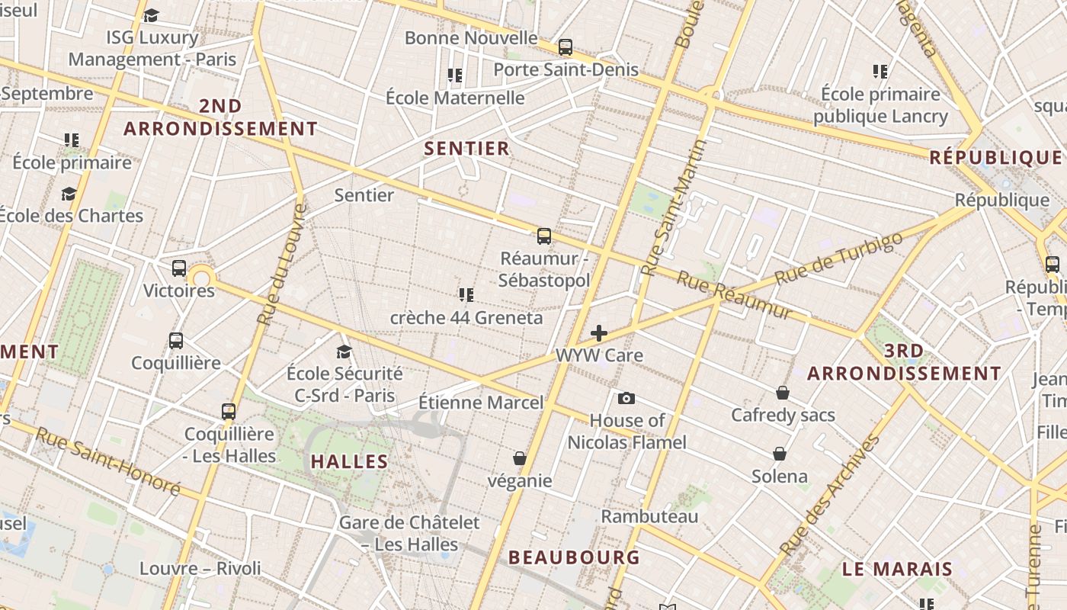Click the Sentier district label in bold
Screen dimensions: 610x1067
pyautogui.click(x=466, y=148)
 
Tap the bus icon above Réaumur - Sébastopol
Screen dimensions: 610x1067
pyautogui.click(x=543, y=236)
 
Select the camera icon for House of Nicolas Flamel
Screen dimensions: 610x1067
pyautogui.click(x=626, y=398)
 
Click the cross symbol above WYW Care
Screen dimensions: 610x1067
pyautogui.click(x=599, y=333)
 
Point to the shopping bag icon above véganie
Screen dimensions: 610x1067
pyautogui.click(x=520, y=458)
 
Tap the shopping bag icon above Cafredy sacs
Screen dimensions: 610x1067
pyautogui.click(x=783, y=393)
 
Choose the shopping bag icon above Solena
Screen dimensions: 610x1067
pyautogui.click(x=780, y=454)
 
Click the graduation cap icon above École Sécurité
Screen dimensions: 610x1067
pyautogui.click(x=344, y=352)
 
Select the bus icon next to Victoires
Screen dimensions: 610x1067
pyautogui.click(x=179, y=268)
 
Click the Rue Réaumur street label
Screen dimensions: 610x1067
pyautogui.click(x=735, y=296)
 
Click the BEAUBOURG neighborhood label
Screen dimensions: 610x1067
pyautogui.click(x=574, y=557)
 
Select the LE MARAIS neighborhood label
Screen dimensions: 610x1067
pyautogui.click(x=897, y=569)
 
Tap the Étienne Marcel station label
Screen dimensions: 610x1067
pyautogui.click(x=481, y=402)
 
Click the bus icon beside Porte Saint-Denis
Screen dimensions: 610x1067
pyautogui.click(x=565, y=47)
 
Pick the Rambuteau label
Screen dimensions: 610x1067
pyautogui.click(x=649, y=516)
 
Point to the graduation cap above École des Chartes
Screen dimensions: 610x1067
pyautogui.click(x=69, y=194)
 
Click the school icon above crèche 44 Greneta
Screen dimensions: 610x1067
pyautogui.click(x=466, y=295)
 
